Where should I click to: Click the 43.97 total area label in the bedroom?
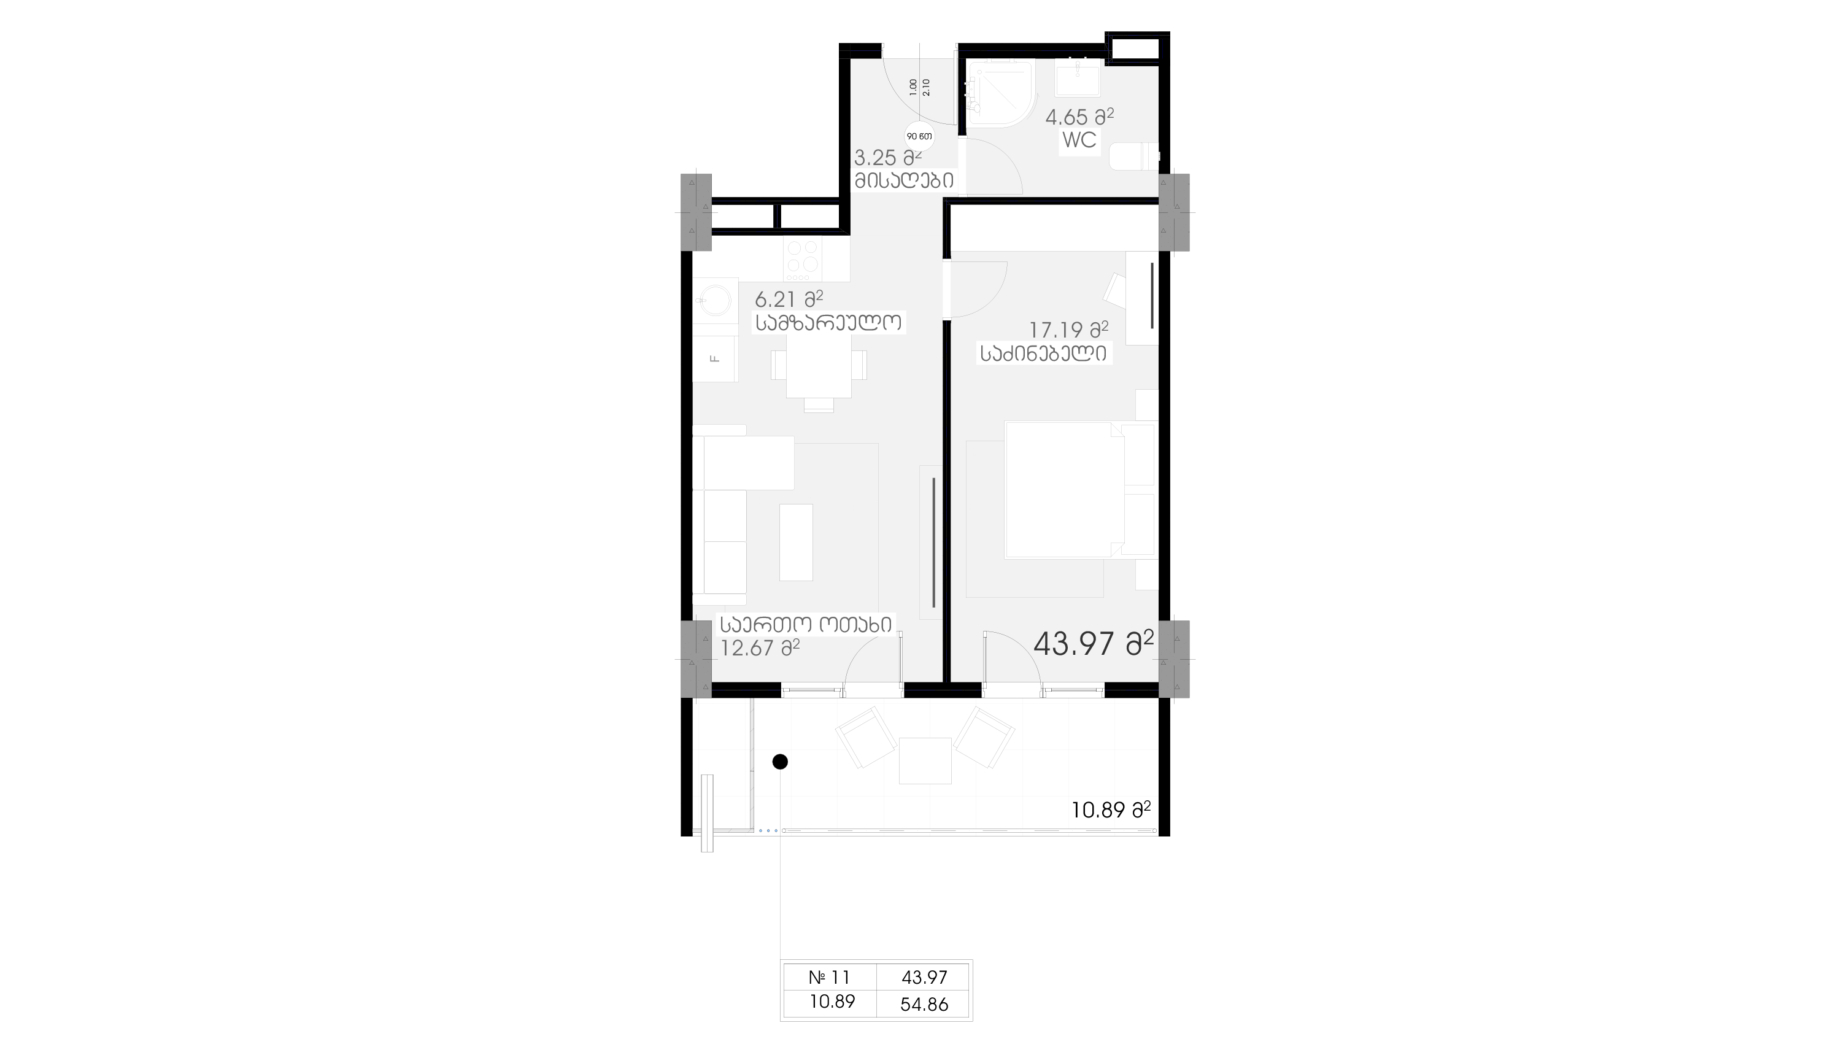[x=1094, y=644]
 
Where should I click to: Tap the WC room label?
[x=1079, y=140]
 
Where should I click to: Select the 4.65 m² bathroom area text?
[x=1079, y=117]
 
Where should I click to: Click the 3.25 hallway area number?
[x=874, y=158]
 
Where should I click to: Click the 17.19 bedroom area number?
[x=1056, y=331]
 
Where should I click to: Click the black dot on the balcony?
[x=781, y=762]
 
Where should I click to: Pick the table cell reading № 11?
[x=830, y=977]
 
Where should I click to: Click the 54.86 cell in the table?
[x=924, y=1004]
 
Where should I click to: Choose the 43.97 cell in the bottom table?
[x=924, y=977]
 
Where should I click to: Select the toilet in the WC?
[x=1134, y=156]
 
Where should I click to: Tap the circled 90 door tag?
[x=920, y=136]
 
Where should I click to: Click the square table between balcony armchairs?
[x=925, y=761]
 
